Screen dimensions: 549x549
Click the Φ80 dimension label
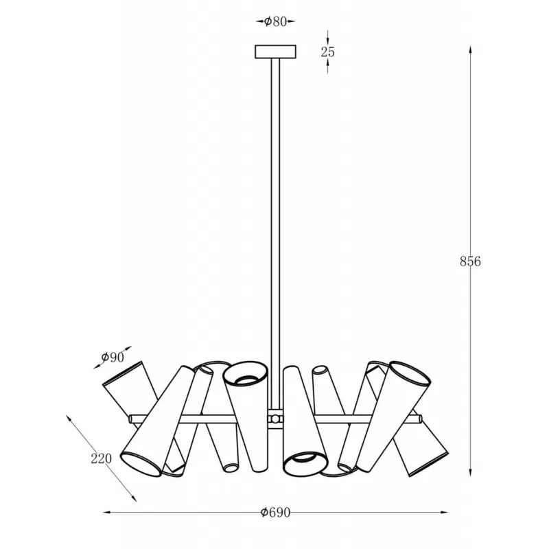pos(276,22)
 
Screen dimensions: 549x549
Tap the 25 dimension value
pos(328,52)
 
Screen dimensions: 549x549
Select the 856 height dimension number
pos(470,261)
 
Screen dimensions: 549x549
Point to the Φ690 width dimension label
pos(276,513)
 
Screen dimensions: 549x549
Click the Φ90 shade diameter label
pos(113,358)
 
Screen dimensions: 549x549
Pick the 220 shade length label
pos(101,458)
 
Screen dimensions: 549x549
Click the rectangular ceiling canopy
pos(276,52)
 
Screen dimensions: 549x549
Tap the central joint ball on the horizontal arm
pos(276,419)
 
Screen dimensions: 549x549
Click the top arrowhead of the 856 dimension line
pos(470,49)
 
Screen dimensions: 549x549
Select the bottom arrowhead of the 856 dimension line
pos(470,472)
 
